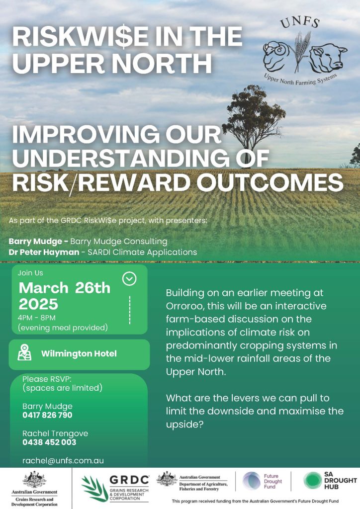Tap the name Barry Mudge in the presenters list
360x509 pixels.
pyautogui.click(x=35, y=241)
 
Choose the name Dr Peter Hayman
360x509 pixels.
pyautogui.click(x=44, y=252)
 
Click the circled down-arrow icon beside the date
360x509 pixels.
pyautogui.click(x=129, y=278)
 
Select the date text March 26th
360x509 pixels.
pyautogui.click(x=65, y=288)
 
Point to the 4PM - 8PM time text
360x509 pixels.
pyautogui.click(x=37, y=317)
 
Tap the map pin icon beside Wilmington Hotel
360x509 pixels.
pyautogui.click(x=25, y=352)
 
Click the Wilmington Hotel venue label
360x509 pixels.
pyautogui.click(x=79, y=353)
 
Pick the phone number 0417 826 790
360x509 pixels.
pyautogui.click(x=47, y=415)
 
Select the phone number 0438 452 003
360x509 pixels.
pyautogui.click(x=49, y=442)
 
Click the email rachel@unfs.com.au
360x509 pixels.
pyautogui.click(x=63, y=461)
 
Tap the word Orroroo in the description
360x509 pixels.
pyautogui.click(x=182, y=306)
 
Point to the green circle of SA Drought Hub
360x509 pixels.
pyautogui.click(x=312, y=481)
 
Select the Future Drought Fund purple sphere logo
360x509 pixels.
pyautogui.click(x=252, y=481)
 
